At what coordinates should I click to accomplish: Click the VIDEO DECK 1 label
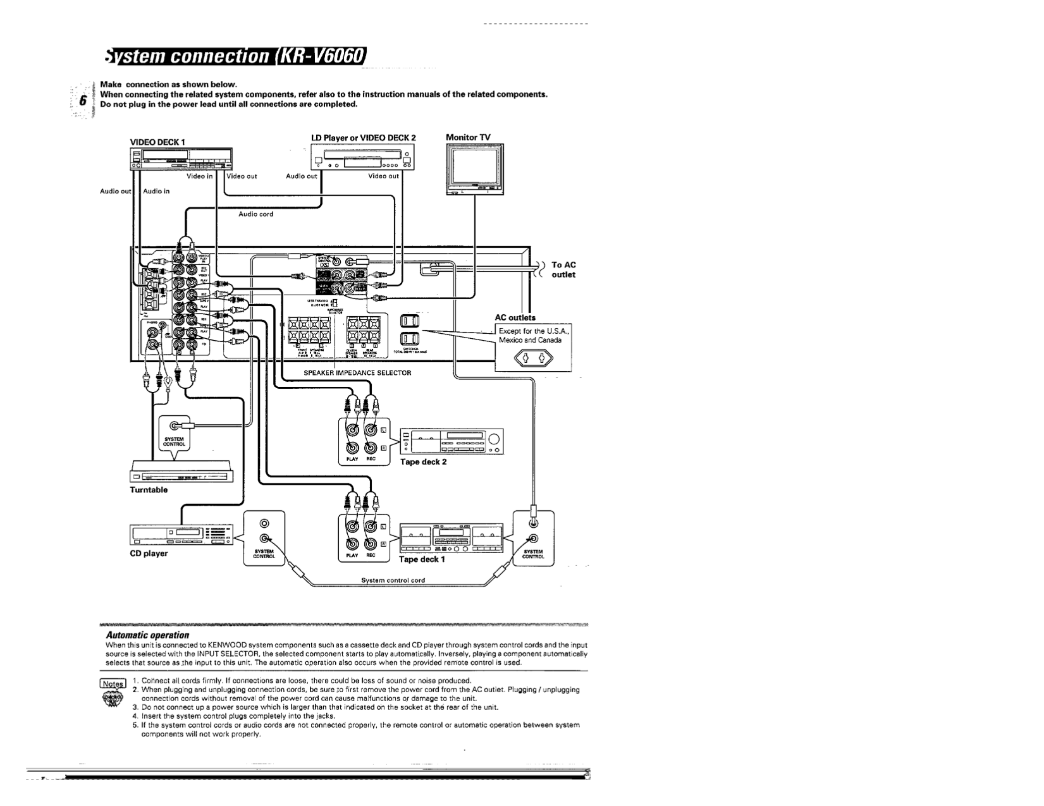(157, 142)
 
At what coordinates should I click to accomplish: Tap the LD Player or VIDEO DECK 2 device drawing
(364, 158)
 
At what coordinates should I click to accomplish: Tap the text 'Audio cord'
(255, 214)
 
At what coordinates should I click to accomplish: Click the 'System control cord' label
(393, 580)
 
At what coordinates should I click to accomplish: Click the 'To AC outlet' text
(563, 270)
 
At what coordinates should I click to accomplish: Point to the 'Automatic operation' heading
(147, 634)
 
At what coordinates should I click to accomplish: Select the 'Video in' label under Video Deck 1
(199, 176)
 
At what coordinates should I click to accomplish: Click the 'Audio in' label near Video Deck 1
(156, 191)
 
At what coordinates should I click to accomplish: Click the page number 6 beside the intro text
(82, 101)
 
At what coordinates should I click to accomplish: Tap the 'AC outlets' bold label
(515, 318)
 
